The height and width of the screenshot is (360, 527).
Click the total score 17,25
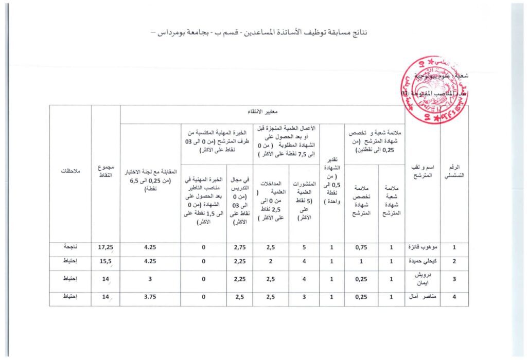(105, 248)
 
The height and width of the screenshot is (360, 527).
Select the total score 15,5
(105, 262)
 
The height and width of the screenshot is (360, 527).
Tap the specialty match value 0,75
(361, 248)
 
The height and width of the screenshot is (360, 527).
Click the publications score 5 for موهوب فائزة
(304, 248)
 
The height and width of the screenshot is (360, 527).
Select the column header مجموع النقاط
(105, 174)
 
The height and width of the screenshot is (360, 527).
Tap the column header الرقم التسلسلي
(454, 173)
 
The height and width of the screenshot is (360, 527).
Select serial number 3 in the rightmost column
(454, 279)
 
